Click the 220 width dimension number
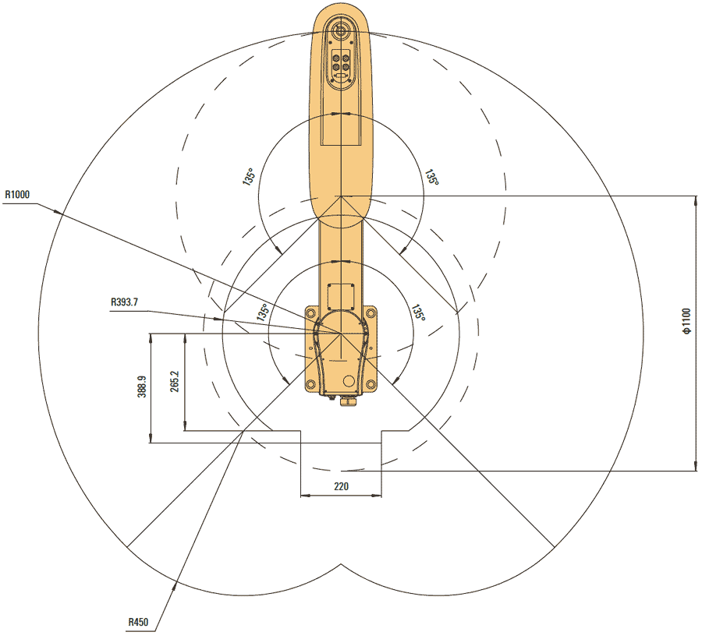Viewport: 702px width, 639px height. (341, 486)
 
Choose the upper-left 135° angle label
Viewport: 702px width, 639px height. (249, 176)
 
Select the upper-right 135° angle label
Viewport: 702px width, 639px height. (431, 178)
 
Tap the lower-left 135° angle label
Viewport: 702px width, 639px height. (263, 313)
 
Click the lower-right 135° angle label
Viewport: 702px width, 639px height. (419, 313)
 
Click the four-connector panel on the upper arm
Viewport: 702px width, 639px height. (342, 63)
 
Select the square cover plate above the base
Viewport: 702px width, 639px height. (342, 296)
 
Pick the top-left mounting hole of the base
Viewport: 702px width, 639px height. (311, 312)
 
